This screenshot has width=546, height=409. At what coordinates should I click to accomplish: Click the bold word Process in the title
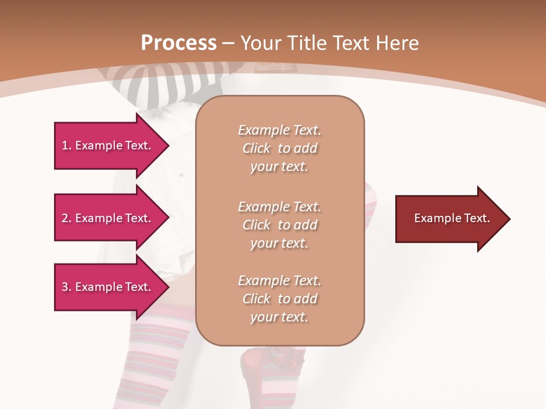179,43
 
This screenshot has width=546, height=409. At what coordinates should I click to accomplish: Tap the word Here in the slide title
396,43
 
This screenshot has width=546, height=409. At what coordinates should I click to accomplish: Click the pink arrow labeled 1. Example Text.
108,145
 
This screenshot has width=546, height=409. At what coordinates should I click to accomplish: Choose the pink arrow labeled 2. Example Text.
108,218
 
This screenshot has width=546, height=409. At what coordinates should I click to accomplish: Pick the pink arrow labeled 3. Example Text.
108,287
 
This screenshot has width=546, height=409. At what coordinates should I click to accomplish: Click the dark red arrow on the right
449,219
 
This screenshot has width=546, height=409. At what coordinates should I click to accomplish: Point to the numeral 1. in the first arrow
67,145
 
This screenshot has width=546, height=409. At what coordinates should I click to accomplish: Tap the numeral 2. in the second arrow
67,218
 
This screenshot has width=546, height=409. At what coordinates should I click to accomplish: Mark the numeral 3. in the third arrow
67,287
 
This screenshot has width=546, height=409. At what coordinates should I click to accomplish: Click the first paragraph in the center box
279,148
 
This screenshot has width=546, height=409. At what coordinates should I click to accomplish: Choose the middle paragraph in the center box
279,225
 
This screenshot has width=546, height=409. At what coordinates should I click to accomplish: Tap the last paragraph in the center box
279,299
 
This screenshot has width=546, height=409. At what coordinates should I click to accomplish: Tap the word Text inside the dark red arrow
478,218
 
